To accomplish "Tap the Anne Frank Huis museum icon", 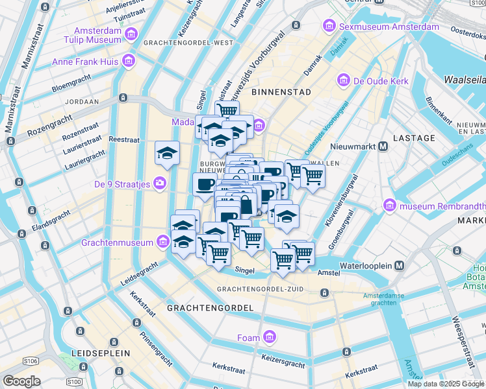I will coord(128,62).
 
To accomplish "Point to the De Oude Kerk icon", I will coord(342,81).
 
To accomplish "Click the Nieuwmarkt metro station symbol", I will coord(383,146).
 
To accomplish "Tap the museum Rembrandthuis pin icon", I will coord(390,206).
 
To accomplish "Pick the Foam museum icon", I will coord(270,337).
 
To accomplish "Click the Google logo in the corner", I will coord(21,381).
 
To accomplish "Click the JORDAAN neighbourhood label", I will coord(82,102).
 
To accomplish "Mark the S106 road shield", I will coord(30,360).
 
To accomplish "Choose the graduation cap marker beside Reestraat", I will coord(167,154).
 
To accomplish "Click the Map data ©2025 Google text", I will coord(446,384).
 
